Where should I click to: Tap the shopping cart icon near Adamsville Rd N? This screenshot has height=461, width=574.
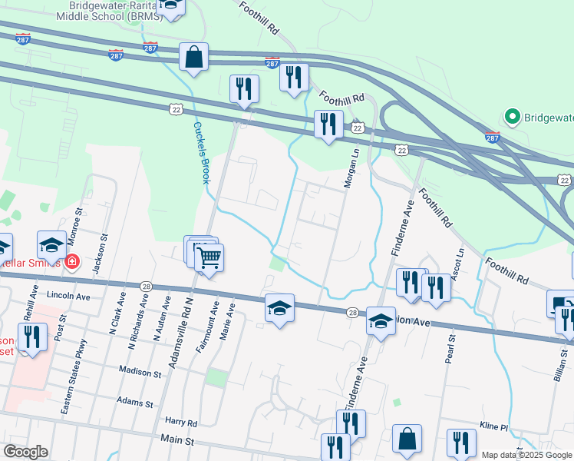(208, 257)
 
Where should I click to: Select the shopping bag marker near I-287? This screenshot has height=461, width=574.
(194, 57)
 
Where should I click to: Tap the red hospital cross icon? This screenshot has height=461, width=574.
(72, 262)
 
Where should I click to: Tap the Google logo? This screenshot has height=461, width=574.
(25, 452)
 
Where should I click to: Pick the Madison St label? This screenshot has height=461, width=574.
(140, 372)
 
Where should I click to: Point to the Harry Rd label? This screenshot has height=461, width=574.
(181, 423)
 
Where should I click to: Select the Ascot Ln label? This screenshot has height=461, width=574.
(459, 264)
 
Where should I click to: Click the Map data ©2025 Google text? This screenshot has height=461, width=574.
(526, 455)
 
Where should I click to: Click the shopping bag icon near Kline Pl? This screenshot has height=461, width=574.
(407, 439)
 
